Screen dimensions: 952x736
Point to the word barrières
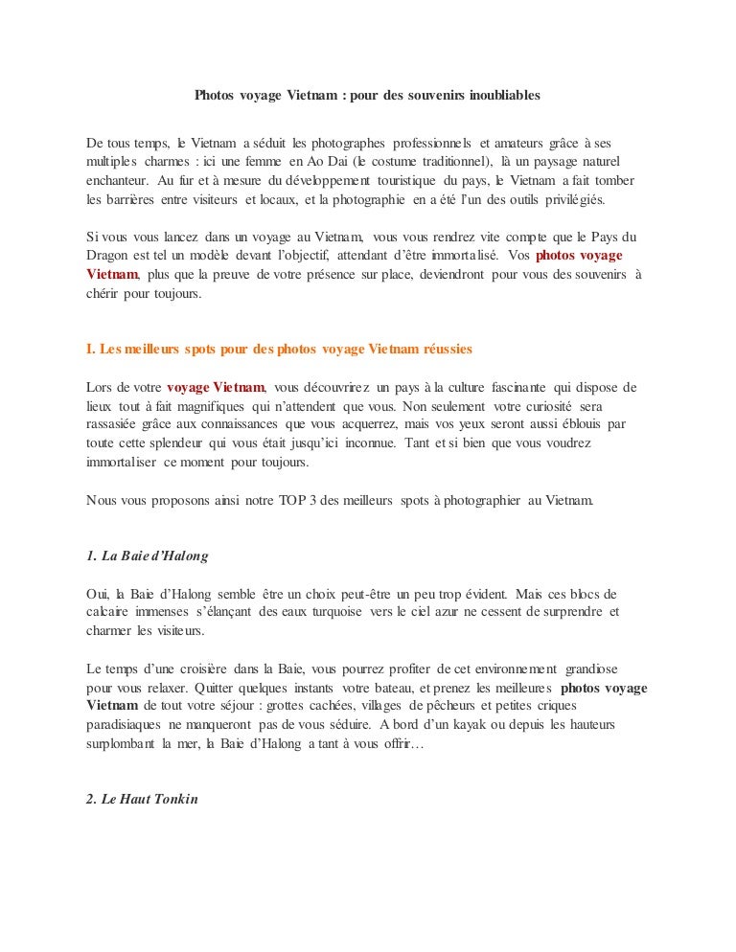(x=132, y=201)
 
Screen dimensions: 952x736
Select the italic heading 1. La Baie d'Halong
(x=148, y=555)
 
